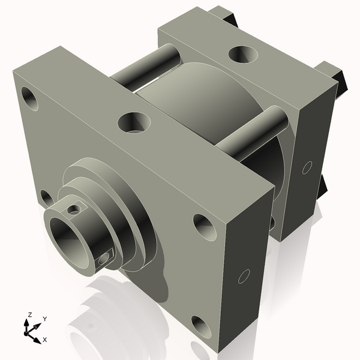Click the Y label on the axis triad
click(45, 319)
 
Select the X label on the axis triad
click(44, 340)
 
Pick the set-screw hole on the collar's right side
click(106, 257)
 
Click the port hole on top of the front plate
click(134, 123)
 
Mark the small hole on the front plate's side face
click(244, 277)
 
